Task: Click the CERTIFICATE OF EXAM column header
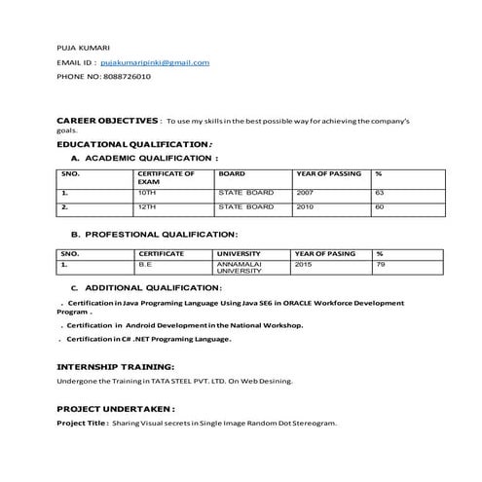[x=167, y=177]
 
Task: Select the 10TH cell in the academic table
[x=147, y=193]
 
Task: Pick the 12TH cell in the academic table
[x=147, y=207]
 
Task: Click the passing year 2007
[x=306, y=193]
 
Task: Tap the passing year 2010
[x=306, y=207]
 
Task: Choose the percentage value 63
[x=380, y=193]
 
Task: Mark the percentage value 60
[x=380, y=207]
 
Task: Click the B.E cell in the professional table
[x=145, y=264]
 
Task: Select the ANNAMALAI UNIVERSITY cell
[x=240, y=268]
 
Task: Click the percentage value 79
[x=381, y=264]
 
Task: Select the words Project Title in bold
[x=82, y=425]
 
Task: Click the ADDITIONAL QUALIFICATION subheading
[x=153, y=288]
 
